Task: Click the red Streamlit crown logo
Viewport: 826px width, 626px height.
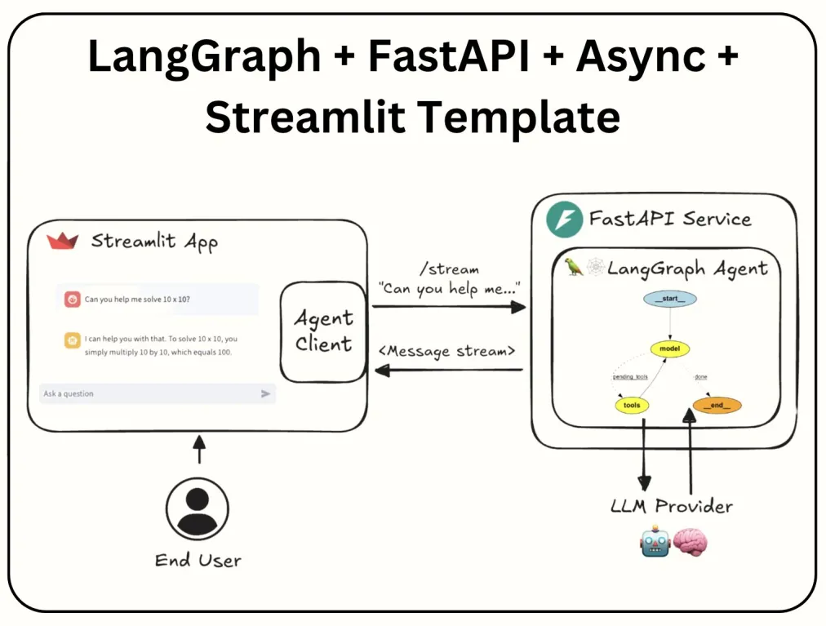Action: coord(62,241)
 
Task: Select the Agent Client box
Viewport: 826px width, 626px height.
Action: coord(323,331)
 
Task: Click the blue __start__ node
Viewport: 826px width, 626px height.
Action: coord(670,299)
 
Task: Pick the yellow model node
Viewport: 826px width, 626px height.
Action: coord(670,349)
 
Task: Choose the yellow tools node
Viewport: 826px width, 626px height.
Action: coord(632,405)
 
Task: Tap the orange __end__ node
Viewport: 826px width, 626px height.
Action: coord(717,405)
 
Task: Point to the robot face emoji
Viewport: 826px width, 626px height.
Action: coord(655,542)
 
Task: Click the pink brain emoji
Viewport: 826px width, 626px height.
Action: coord(691,542)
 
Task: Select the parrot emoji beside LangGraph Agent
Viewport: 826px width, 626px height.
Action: coord(575,268)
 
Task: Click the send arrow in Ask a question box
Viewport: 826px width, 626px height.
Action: coord(265,393)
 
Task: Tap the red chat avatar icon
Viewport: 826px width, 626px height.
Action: coord(73,300)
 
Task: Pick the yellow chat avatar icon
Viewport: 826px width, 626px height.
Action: coord(73,340)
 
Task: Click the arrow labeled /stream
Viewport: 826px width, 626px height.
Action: coord(448,307)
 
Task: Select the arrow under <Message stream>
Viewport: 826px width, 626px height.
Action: coord(448,371)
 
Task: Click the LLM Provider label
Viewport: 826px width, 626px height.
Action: coord(672,506)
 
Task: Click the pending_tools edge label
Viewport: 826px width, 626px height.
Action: coord(630,377)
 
